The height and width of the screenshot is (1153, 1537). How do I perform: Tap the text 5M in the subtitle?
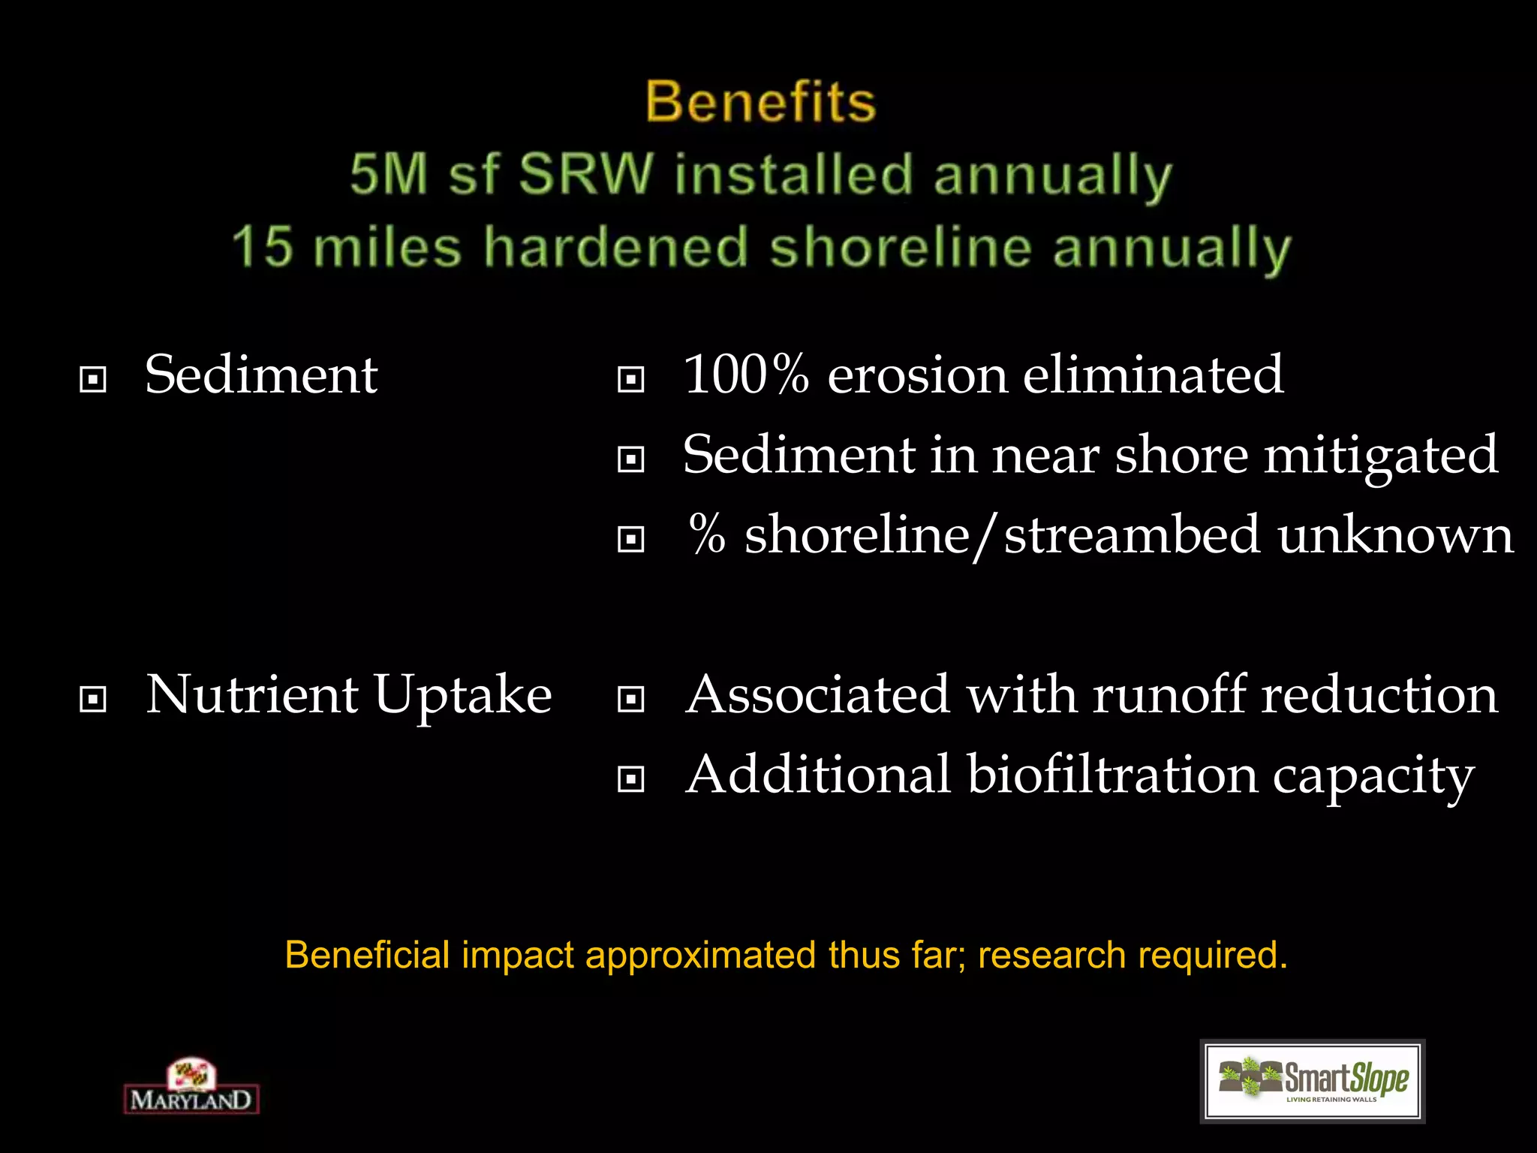click(x=388, y=174)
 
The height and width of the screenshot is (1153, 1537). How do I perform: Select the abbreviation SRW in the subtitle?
click(x=586, y=174)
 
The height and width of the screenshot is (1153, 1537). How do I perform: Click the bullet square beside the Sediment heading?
click(x=92, y=379)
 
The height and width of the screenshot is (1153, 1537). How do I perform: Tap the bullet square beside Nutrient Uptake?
click(x=92, y=700)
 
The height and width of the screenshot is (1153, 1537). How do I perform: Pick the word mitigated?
click(x=1381, y=455)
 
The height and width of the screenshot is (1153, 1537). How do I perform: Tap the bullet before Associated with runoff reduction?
click(x=630, y=700)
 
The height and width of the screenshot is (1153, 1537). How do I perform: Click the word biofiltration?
click(x=1111, y=775)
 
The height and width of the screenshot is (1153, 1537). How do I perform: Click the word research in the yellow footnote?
click(x=1051, y=956)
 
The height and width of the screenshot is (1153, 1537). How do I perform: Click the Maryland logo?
click(x=191, y=1087)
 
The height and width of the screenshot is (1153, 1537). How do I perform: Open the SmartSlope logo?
click(x=1313, y=1082)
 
